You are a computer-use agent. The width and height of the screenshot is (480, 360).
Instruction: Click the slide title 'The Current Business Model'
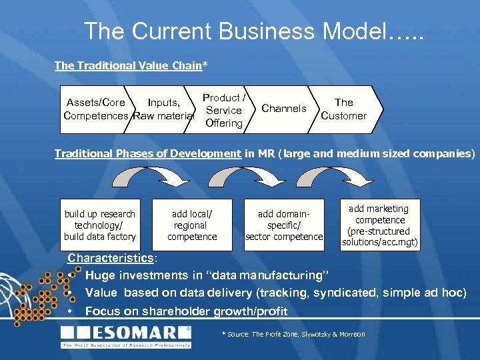pos(253,31)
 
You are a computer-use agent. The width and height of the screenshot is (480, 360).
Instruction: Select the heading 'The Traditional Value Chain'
pos(128,65)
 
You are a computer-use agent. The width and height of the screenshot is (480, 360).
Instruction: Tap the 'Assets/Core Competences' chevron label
pos(95,109)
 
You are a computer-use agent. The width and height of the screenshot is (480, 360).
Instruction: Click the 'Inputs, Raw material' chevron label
pos(163,109)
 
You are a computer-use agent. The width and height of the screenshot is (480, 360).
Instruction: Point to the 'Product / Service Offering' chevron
pos(224,110)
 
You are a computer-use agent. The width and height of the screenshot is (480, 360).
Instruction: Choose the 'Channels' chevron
pos(284,108)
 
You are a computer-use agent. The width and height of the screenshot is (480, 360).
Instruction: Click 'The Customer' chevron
pos(344,109)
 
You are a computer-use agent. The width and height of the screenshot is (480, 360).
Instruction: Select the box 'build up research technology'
pos(100,225)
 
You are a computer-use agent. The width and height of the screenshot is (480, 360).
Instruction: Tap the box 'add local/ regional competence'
pos(192,225)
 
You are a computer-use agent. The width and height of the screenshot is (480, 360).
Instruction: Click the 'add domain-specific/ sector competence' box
pos(284,225)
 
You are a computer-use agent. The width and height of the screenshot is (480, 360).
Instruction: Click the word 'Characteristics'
pos(111,258)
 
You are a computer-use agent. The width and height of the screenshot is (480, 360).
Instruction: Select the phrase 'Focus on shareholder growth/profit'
pos(186,311)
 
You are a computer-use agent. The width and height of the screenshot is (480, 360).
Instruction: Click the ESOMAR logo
pos(127,335)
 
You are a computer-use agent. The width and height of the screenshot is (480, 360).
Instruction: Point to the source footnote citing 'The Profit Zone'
pos(293,333)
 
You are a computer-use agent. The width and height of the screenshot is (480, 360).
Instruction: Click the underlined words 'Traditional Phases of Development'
pos(147,153)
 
